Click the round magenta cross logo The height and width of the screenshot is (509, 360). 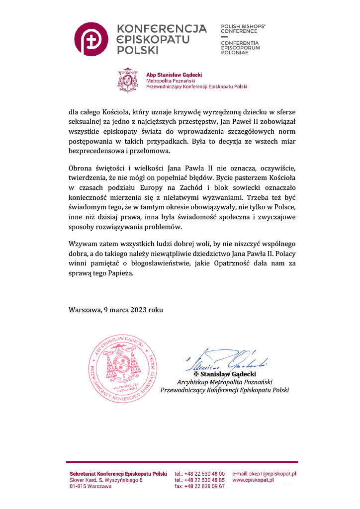[x=91, y=40]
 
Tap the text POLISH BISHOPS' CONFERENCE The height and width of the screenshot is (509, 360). [x=243, y=28]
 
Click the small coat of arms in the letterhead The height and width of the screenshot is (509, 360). [x=130, y=80]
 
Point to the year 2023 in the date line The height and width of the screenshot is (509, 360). [x=138, y=309]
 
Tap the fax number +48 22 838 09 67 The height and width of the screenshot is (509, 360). [x=204, y=487]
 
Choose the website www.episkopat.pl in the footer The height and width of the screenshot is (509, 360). [x=254, y=480]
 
